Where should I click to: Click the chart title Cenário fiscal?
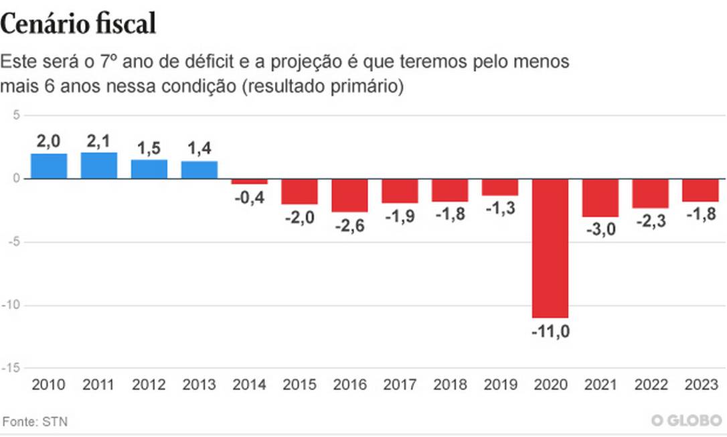pyautogui.click(x=78, y=25)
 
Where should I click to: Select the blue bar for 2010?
pyautogui.click(x=49, y=166)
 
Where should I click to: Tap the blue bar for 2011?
pyautogui.click(x=99, y=166)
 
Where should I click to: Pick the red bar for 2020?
pyautogui.click(x=550, y=248)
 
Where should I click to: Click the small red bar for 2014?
pyautogui.click(x=249, y=182)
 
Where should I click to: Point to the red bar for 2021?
pyautogui.click(x=600, y=198)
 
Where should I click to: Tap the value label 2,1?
pyautogui.click(x=99, y=141)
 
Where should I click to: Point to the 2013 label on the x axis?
pyautogui.click(x=199, y=385)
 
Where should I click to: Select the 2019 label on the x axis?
pyautogui.click(x=500, y=385)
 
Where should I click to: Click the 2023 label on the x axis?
pyautogui.click(x=701, y=385)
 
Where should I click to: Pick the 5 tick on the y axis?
pyautogui.click(x=15, y=115)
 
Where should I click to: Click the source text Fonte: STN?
pyautogui.click(x=35, y=422)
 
